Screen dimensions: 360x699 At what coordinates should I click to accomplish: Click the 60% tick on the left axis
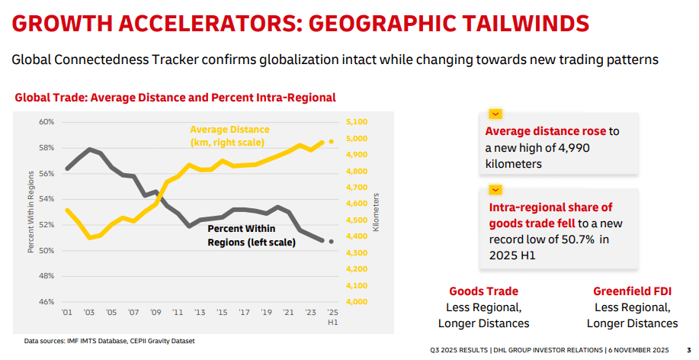pyautogui.click(x=46, y=122)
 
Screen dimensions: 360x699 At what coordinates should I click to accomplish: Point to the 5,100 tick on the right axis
pyautogui.click(x=356, y=122)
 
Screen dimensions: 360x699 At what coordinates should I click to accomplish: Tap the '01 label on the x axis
pyautogui.click(x=66, y=312)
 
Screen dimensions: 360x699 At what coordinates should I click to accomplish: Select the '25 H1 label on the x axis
pyautogui.click(x=332, y=317)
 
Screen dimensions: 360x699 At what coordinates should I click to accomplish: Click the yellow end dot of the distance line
pyautogui.click(x=331, y=142)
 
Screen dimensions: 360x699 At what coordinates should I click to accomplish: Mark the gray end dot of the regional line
pyautogui.click(x=331, y=241)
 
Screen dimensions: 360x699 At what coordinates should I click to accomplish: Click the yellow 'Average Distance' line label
pyautogui.click(x=229, y=136)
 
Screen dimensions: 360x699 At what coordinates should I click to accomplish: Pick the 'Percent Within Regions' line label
pyautogui.click(x=241, y=235)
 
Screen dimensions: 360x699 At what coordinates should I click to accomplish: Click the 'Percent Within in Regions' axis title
pyautogui.click(x=30, y=213)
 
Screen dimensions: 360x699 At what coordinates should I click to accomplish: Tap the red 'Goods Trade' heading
pyautogui.click(x=483, y=291)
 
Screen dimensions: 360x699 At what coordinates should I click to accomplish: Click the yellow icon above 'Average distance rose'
pyautogui.click(x=495, y=113)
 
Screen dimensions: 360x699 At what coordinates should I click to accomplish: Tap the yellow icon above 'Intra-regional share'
pyautogui.click(x=495, y=189)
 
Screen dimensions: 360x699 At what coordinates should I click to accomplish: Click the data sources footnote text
pyautogui.click(x=109, y=340)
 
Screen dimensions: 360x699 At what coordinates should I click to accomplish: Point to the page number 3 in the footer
pyautogui.click(x=689, y=349)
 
